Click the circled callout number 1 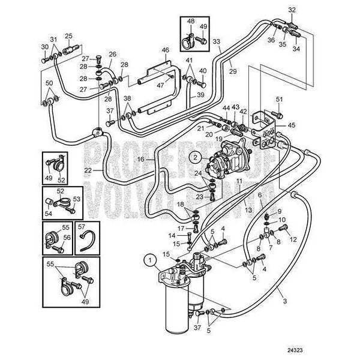tap(148, 260)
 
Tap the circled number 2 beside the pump tap(194, 158)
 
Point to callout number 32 tap(292, 10)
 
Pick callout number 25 tap(69, 35)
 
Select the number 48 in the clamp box tap(191, 22)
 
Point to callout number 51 tap(278, 99)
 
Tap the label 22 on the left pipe tap(88, 171)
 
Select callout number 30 tap(44, 47)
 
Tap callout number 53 tap(76, 199)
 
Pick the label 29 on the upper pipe tap(232, 71)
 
